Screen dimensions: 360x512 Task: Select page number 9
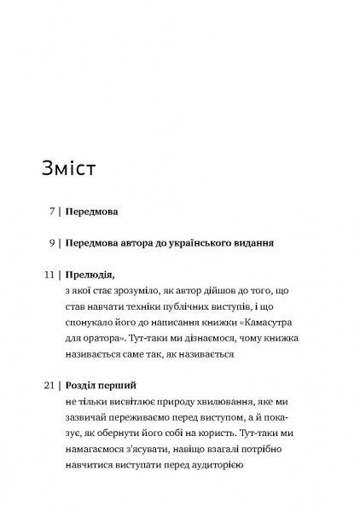pos(53,242)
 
